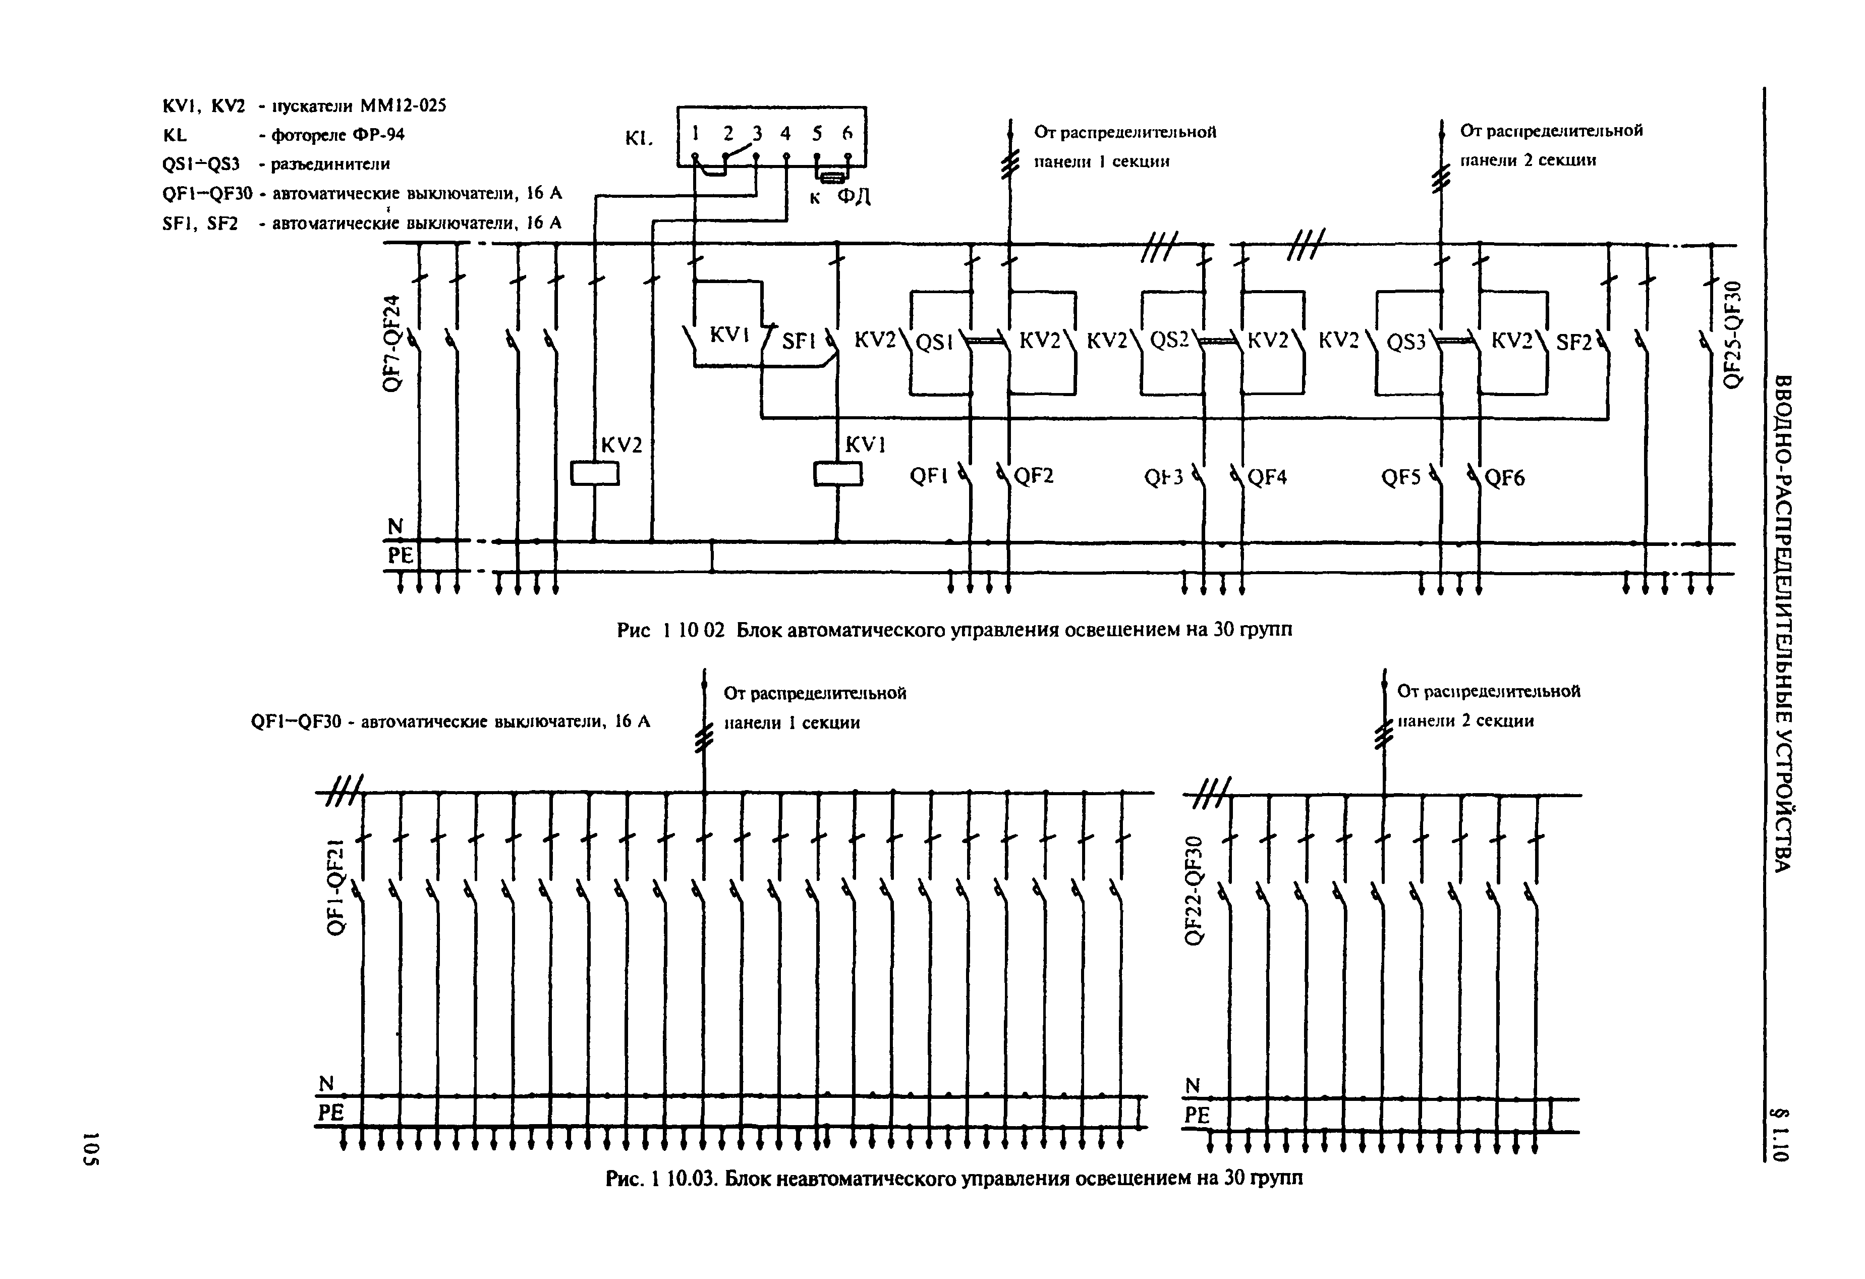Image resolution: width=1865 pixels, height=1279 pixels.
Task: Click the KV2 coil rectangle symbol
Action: [x=595, y=473]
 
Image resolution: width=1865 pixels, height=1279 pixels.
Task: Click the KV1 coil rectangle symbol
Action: [x=838, y=473]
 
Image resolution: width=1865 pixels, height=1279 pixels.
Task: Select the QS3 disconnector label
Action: [x=1406, y=343]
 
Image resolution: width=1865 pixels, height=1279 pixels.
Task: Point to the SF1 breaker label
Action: [x=799, y=342]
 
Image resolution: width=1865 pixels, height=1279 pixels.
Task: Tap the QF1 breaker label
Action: [x=929, y=477]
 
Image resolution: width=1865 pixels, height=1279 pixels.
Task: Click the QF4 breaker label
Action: [x=1267, y=477]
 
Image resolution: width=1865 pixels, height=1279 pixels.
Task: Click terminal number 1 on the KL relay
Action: [x=696, y=133]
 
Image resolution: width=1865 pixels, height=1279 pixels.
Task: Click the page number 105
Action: [x=91, y=1148]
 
